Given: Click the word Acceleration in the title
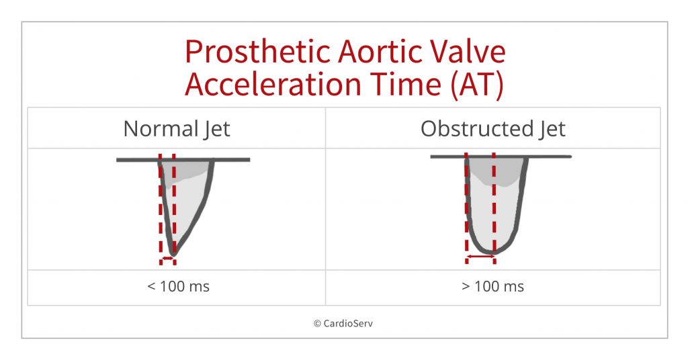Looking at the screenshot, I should click(275, 86).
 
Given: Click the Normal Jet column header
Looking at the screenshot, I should click(177, 128).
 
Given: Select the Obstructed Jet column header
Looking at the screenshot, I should click(492, 128).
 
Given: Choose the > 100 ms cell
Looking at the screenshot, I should click(492, 287).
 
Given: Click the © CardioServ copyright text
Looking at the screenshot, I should click(344, 323).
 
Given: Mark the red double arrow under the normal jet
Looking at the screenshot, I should click(167, 258).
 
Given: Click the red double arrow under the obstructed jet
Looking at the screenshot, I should click(480, 257).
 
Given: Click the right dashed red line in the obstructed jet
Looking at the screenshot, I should click(494, 201).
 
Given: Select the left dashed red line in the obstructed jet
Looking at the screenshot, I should click(466, 201).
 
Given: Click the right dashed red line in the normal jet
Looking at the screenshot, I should click(174, 201).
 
